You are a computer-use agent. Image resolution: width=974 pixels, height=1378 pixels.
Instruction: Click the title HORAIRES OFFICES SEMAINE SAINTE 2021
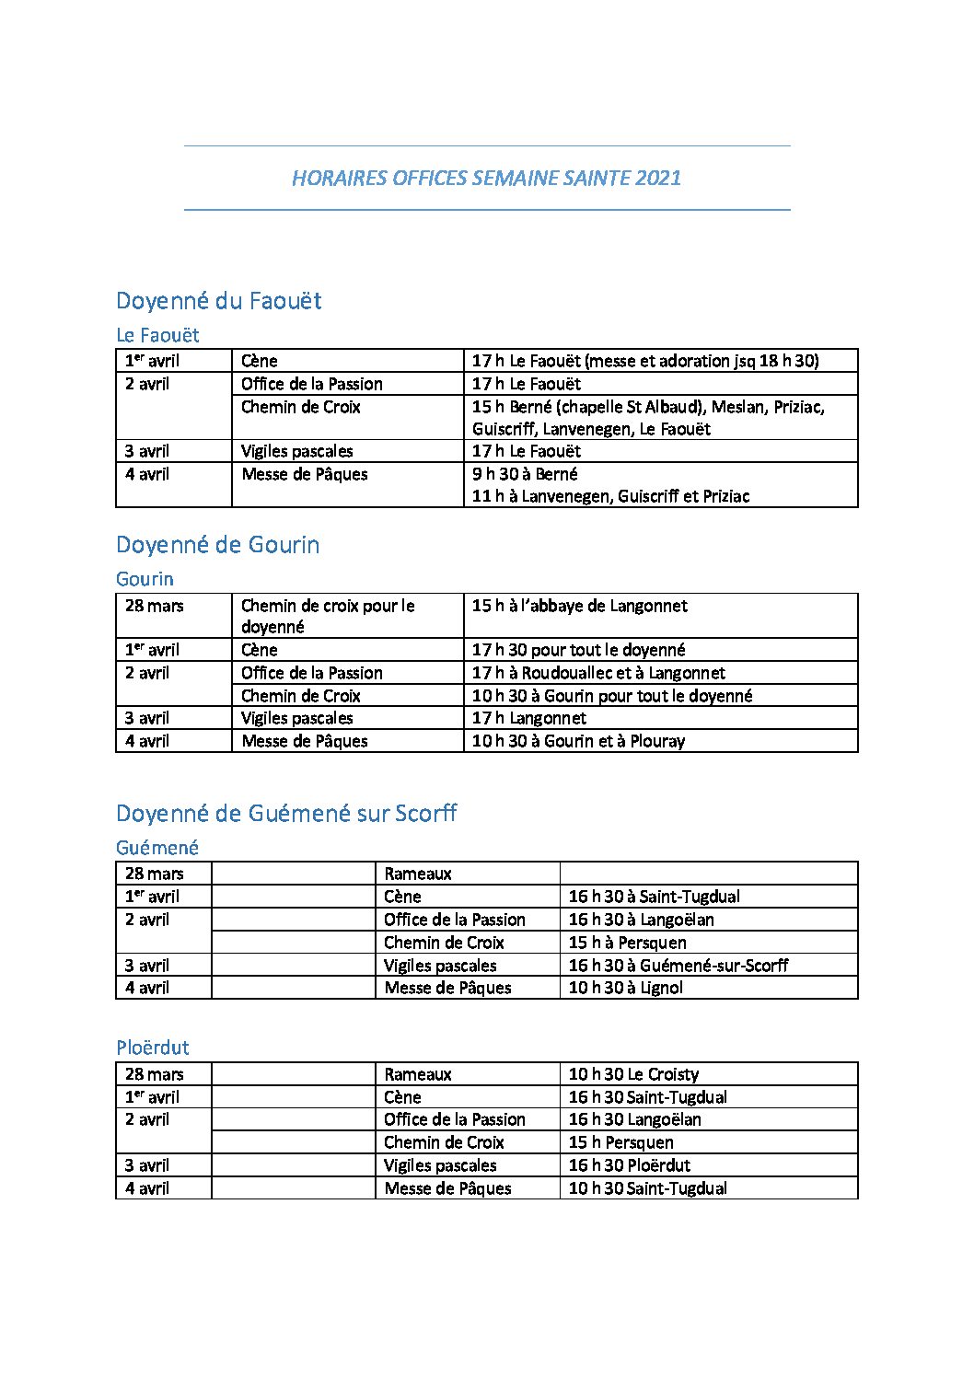[486, 178]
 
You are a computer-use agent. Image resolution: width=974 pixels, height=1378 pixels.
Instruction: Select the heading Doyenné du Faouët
[218, 301]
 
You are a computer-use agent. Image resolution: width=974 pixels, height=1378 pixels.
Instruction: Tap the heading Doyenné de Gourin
[217, 545]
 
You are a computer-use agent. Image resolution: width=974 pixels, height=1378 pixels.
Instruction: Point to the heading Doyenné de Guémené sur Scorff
[286, 814]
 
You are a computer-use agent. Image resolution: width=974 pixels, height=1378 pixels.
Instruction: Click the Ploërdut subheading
[153, 1048]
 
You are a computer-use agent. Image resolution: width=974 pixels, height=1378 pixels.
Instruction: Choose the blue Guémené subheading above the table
[157, 848]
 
